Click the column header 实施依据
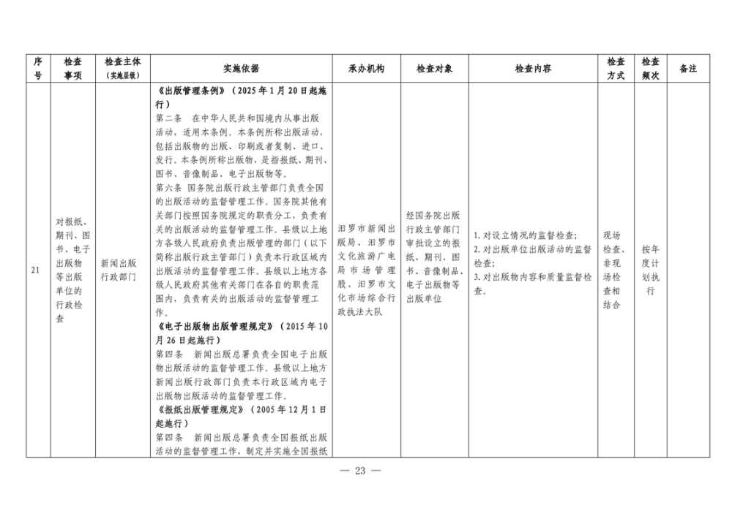241,69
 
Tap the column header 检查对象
435,69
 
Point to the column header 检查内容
533,69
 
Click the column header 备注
688,69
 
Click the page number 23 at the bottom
359,470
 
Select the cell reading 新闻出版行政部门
119,270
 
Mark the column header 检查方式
616,69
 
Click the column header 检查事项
72,69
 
